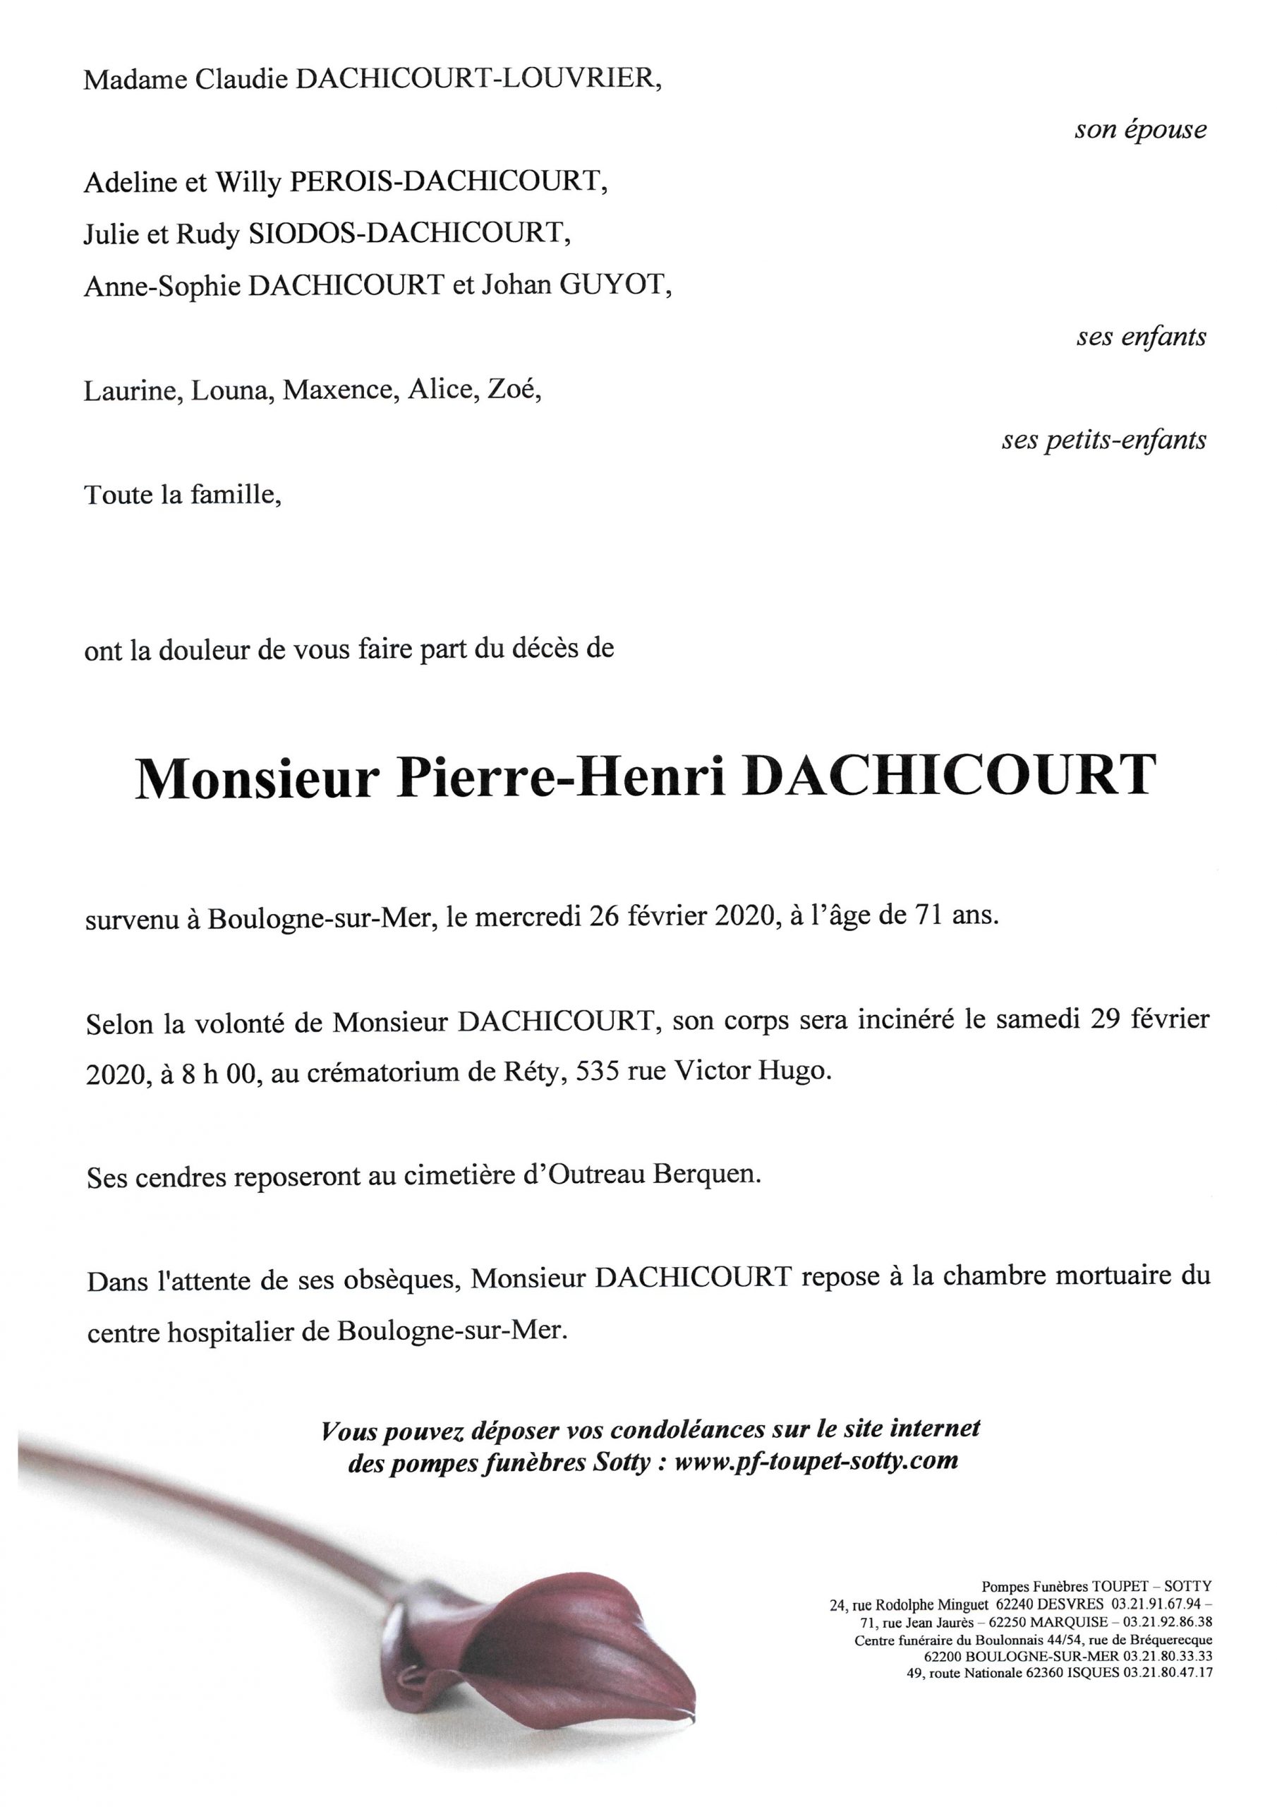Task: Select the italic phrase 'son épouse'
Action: [1140, 130]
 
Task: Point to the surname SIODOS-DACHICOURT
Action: [408, 234]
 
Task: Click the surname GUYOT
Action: [613, 285]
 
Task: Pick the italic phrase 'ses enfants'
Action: [1141, 337]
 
